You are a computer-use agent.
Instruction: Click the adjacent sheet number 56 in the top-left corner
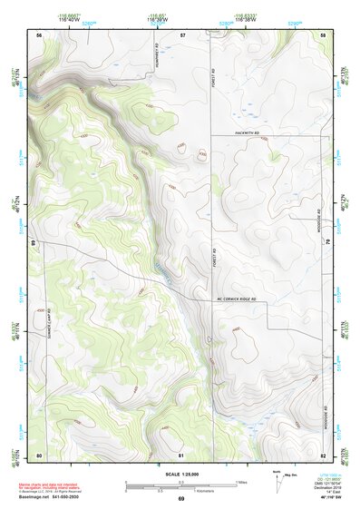(x=39, y=34)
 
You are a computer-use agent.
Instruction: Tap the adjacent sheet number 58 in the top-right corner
(x=323, y=34)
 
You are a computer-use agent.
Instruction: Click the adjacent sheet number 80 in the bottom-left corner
(x=39, y=454)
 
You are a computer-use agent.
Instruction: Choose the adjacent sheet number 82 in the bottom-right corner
(x=323, y=454)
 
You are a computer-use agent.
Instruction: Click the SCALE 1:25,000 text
(x=180, y=474)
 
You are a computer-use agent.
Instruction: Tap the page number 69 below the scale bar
(x=180, y=499)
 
